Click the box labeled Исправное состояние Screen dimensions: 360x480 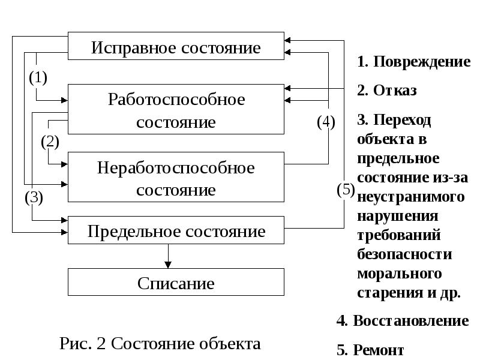pyautogui.click(x=175, y=47)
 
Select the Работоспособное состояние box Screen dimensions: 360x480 pyautogui.click(x=175, y=109)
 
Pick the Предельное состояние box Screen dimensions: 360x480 pyautogui.click(x=175, y=230)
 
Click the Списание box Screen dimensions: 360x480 pyautogui.click(x=175, y=282)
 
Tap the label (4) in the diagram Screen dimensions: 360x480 pyautogui.click(x=326, y=122)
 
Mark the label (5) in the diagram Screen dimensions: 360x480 pyautogui.click(x=346, y=190)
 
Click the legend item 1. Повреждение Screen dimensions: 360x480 pyautogui.click(x=413, y=62)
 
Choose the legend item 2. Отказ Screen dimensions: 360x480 pyautogui.click(x=386, y=91)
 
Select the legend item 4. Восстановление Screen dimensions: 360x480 pyautogui.click(x=403, y=320)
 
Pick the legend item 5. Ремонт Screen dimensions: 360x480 pyautogui.click(x=371, y=350)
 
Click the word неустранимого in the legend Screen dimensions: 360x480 pyautogui.click(x=411, y=197)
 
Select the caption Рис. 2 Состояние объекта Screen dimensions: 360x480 pyautogui.click(x=160, y=344)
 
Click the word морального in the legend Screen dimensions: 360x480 pyautogui.click(x=399, y=274)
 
